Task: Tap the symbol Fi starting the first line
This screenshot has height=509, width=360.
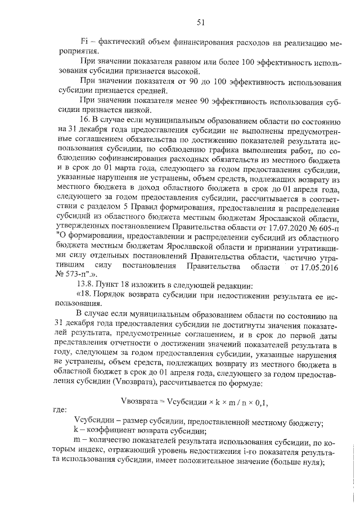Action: (85, 42)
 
